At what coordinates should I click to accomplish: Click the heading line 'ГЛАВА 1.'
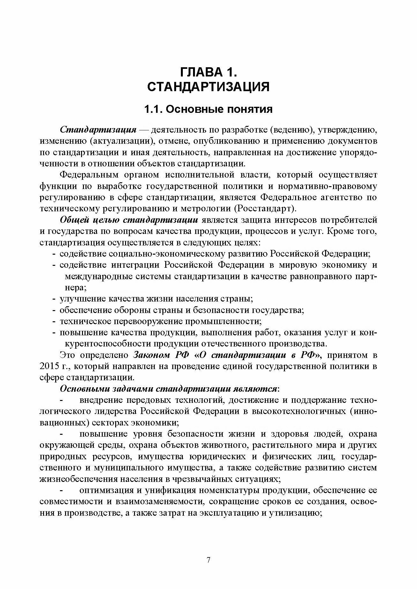tap(208, 72)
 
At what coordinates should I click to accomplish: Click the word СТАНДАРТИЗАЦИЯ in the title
tap(208, 87)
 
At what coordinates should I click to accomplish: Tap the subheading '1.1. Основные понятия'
tap(208, 109)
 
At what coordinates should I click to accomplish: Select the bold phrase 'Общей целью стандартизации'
tap(129, 220)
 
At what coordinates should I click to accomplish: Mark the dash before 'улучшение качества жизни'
tap(54, 299)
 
